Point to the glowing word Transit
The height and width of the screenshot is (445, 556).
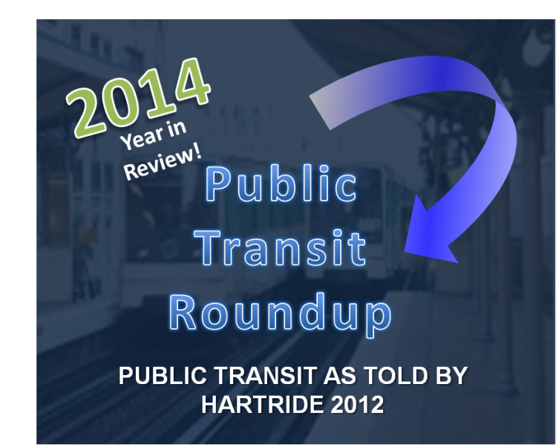pos(283,247)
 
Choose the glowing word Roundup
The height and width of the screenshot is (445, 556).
pos(281,312)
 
